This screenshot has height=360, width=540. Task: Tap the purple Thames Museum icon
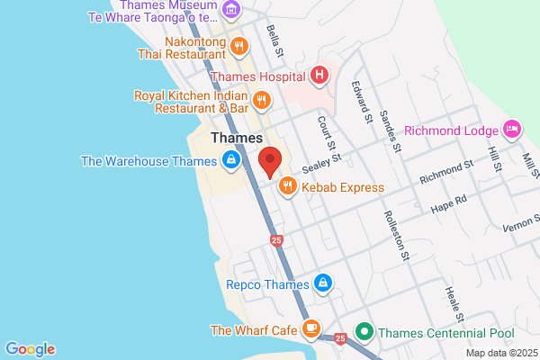(x=232, y=11)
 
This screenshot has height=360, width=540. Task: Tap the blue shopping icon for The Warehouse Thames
(x=231, y=162)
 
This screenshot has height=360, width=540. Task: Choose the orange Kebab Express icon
(x=287, y=187)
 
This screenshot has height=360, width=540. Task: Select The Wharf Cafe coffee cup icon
(x=311, y=329)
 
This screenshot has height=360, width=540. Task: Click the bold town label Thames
(x=236, y=139)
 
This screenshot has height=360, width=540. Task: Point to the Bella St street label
(x=274, y=42)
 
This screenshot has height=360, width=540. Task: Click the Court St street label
(x=326, y=133)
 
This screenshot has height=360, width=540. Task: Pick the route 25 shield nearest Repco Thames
(x=276, y=240)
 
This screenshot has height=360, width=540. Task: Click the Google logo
(x=30, y=349)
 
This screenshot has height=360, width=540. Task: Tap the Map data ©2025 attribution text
(x=500, y=352)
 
